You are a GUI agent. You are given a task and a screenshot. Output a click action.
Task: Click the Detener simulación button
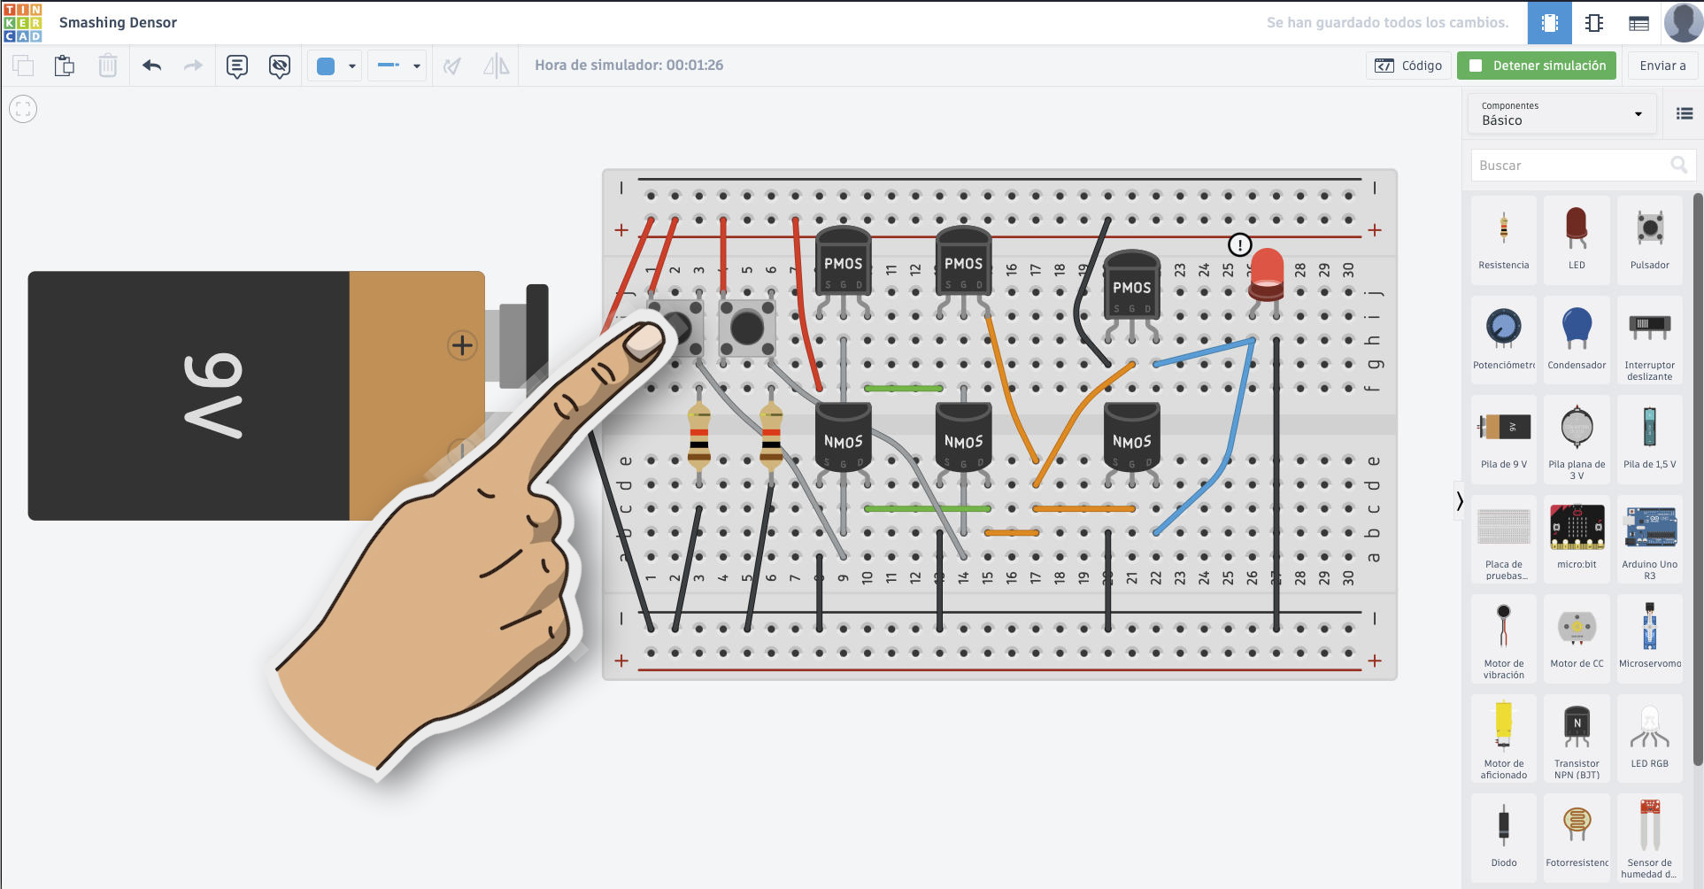pos(1536,66)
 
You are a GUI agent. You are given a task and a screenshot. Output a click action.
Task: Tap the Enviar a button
pos(1662,66)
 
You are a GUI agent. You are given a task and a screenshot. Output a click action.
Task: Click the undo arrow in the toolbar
pos(152,66)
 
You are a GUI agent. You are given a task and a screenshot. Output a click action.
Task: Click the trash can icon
pos(107,66)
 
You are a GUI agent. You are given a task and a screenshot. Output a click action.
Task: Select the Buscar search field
pos(1572,166)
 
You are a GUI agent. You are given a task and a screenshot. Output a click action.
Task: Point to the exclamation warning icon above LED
pos(1239,244)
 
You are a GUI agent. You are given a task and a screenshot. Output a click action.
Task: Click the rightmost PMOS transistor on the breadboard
pos(1131,285)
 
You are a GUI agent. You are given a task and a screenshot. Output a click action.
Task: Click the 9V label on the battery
pos(213,395)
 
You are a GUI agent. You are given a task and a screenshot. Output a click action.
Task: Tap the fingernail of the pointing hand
pos(645,339)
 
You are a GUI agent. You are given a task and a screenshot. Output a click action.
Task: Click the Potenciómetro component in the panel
pos(1503,329)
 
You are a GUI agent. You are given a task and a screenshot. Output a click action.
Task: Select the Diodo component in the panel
pos(1503,828)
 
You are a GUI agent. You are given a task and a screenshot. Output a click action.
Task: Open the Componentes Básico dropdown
pos(1561,114)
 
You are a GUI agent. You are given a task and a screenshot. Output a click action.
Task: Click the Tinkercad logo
pos(23,22)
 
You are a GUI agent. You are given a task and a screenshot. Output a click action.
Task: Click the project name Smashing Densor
pos(118,23)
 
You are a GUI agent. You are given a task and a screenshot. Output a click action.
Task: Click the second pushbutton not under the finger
pos(746,329)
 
